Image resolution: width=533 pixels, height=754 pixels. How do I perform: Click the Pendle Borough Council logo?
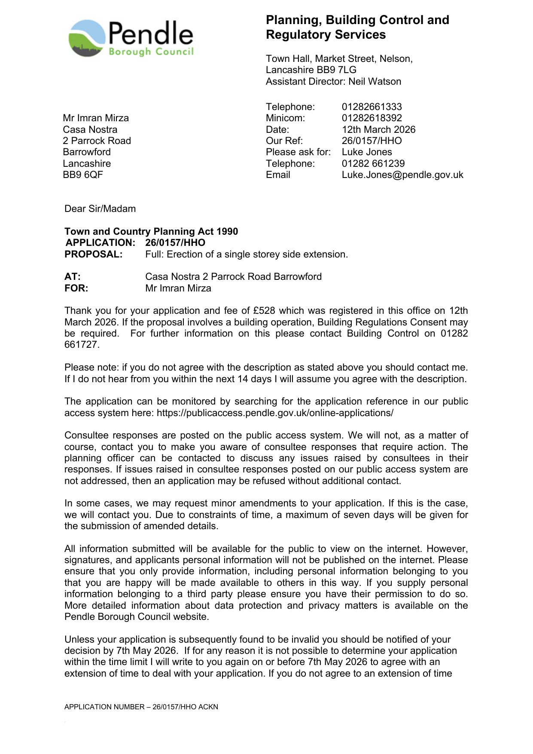coord(131,38)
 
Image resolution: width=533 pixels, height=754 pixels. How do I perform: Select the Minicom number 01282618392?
coord(372,118)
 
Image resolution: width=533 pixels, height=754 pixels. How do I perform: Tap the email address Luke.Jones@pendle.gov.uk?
coord(402,175)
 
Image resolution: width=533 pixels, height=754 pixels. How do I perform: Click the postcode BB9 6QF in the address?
coord(83,175)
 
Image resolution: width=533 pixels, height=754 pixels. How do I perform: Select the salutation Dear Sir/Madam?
coord(100,208)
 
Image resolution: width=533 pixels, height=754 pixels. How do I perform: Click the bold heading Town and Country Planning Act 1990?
coord(151,231)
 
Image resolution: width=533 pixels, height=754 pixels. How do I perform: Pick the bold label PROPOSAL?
coord(94,254)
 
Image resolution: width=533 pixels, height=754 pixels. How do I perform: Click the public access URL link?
coord(275,413)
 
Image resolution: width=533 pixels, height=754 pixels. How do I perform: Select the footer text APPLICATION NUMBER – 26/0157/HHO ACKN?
coord(141,707)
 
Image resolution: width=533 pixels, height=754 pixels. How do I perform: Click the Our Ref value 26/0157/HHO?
coord(372,141)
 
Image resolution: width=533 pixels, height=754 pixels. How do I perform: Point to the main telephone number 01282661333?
coord(372,107)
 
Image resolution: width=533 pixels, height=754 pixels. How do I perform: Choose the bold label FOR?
coord(76,288)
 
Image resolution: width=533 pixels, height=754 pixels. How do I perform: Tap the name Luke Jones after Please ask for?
coord(367,152)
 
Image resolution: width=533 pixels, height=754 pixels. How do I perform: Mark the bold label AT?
coord(73,276)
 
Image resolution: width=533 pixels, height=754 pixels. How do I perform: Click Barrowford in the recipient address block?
coord(87,152)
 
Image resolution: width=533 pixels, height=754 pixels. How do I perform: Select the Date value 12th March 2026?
coord(378,129)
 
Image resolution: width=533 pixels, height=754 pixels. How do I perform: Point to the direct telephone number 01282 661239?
coord(373,163)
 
